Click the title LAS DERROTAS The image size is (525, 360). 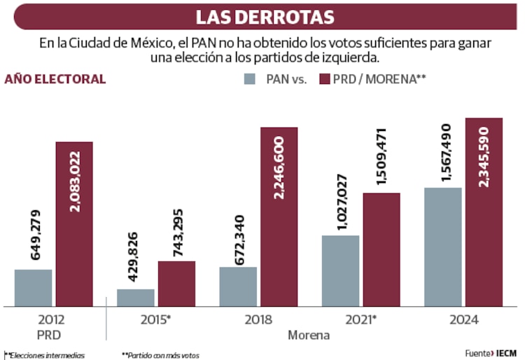(265, 17)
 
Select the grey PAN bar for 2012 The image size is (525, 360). (33, 288)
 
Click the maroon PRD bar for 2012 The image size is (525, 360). (74, 224)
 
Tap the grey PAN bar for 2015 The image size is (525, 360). (135, 298)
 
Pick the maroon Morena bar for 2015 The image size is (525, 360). (176, 284)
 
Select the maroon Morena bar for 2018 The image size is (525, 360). (279, 217)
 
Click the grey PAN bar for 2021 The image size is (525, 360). (340, 271)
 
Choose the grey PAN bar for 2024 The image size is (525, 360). (442, 247)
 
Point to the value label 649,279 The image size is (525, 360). (36, 235)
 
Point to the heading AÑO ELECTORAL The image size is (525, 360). (55, 79)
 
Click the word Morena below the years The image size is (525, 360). (309, 335)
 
